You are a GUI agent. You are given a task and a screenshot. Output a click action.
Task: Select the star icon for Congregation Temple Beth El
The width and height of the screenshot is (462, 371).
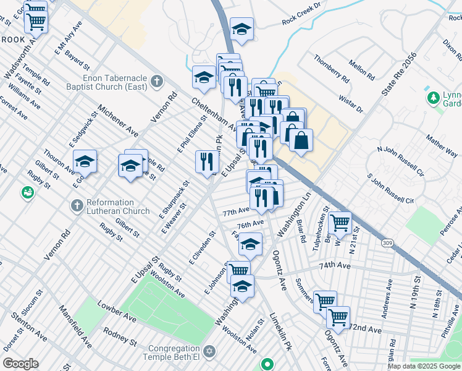coord(209,351)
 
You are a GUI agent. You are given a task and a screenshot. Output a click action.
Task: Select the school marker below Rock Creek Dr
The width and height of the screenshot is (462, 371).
coord(242,28)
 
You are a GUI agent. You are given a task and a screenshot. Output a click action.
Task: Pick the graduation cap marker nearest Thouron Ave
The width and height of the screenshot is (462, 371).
coord(85,162)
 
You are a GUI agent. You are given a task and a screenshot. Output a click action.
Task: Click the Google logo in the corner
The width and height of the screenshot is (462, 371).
coord(20,364)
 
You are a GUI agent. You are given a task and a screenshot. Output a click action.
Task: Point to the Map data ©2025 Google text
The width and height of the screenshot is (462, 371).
coord(423,366)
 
